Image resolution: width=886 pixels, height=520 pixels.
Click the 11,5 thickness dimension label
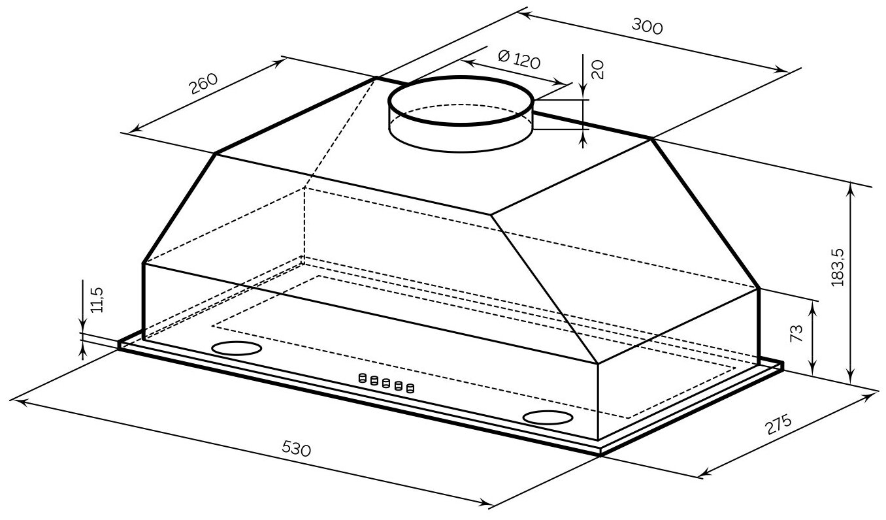(97, 299)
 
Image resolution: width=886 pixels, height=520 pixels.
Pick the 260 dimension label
(203, 83)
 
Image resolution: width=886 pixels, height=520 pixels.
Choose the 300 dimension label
(648, 25)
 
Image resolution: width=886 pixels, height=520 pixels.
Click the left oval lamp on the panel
(237, 349)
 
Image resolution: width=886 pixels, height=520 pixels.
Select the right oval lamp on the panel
(548, 417)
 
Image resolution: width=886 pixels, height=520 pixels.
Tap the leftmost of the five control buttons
(361, 378)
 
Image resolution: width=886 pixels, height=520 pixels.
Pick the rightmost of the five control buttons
(410, 389)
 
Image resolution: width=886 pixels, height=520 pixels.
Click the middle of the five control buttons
(386, 383)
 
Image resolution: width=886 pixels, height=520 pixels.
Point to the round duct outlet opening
(461, 101)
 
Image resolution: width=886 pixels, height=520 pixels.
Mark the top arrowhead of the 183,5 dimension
(851, 188)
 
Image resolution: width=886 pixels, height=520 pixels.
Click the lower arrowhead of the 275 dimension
(704, 474)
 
